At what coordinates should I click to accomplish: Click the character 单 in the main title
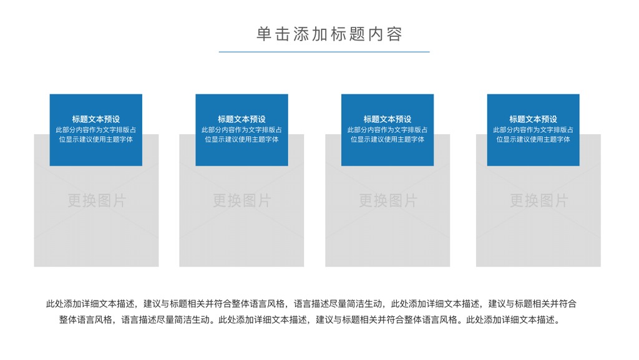pos(264,34)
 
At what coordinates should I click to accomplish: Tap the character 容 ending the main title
pos(395,34)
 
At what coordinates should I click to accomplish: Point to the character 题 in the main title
pos(358,34)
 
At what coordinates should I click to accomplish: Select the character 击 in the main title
pos(283,34)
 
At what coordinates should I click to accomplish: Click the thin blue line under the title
pos(324,52)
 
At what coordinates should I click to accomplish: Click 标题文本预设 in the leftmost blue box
pos(95,119)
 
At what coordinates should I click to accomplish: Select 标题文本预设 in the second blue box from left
pos(241,119)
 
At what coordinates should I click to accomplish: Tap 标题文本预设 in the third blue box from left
pos(388,119)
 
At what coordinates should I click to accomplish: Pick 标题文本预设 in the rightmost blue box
pos(533,119)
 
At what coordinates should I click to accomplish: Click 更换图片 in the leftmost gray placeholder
pos(97,200)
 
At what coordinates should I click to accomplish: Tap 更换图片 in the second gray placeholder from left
pos(241,200)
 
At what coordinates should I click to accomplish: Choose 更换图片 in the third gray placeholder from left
pos(388,200)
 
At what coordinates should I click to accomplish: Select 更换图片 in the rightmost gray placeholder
pos(539,200)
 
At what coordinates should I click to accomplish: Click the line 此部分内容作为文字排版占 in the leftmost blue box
pos(95,130)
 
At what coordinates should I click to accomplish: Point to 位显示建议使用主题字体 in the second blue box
pos(241,139)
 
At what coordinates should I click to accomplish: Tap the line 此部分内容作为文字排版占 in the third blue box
pos(388,130)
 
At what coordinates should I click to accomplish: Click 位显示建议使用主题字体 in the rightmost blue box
pos(533,139)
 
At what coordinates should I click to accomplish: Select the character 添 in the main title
pos(301,34)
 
